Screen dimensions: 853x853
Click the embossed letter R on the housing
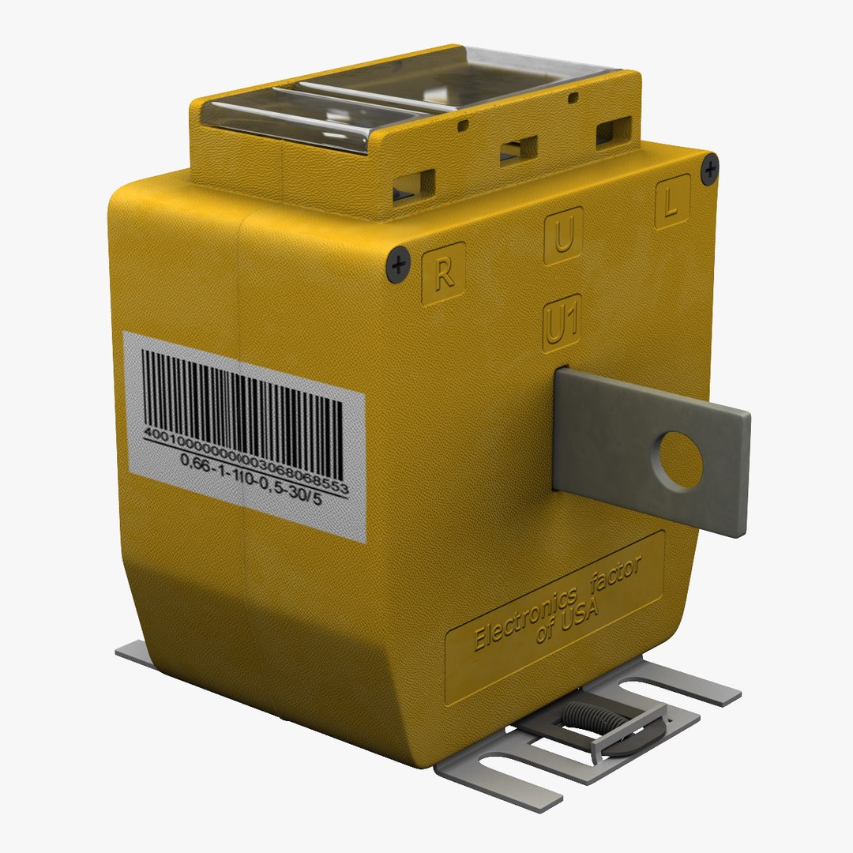(x=443, y=274)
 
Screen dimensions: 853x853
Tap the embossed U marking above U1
(x=563, y=236)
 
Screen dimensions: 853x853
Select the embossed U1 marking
(x=562, y=327)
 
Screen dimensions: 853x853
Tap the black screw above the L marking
(x=710, y=168)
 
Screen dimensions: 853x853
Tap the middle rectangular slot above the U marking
(x=517, y=148)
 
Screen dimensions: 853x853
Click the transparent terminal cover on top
(x=411, y=95)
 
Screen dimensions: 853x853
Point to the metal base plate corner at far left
(x=130, y=653)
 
